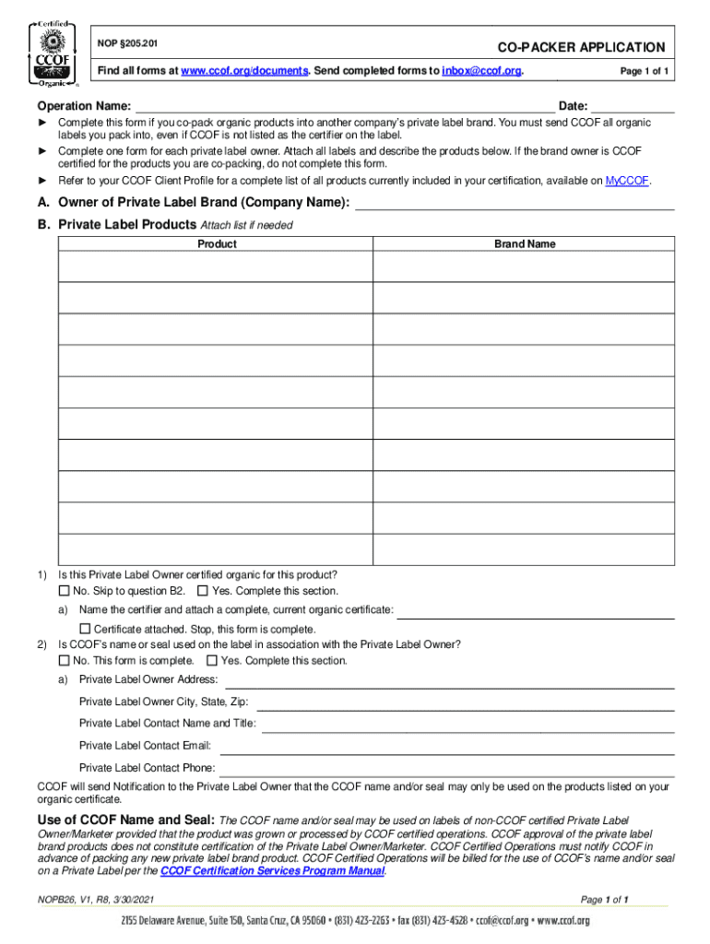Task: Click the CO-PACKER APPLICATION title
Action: pyautogui.click(x=581, y=47)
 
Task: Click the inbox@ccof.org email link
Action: pyautogui.click(x=475, y=71)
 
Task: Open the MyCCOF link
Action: pyautogui.click(x=627, y=182)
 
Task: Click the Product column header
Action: pyautogui.click(x=217, y=244)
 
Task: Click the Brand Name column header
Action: pyautogui.click(x=525, y=244)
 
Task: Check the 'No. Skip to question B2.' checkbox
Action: pyautogui.click(x=65, y=591)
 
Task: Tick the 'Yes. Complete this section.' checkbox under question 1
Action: pyautogui.click(x=203, y=591)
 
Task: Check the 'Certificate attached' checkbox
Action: pyautogui.click(x=86, y=629)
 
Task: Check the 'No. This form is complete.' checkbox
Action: pyautogui.click(x=65, y=661)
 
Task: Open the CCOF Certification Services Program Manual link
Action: pyautogui.click(x=273, y=871)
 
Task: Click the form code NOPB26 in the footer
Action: pyautogui.click(x=53, y=900)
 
